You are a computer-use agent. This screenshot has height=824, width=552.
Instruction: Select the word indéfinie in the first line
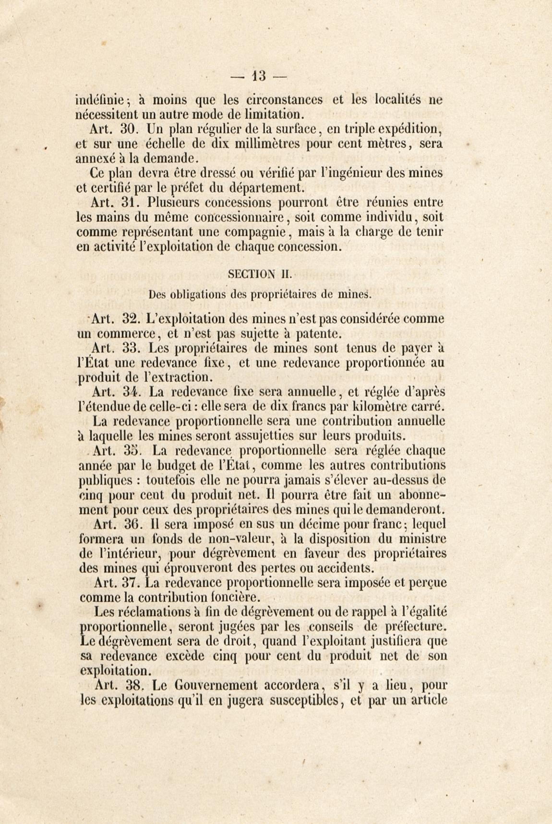click(99, 100)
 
